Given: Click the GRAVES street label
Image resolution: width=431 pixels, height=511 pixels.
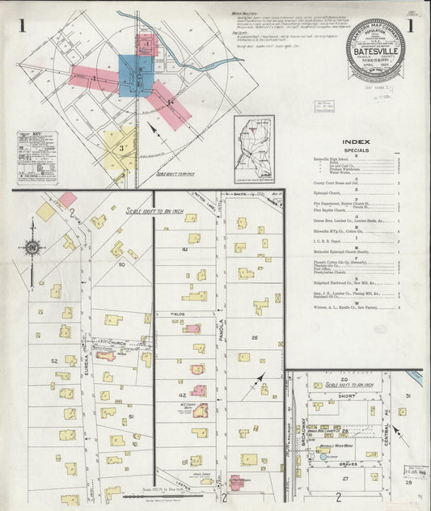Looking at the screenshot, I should coord(349,463).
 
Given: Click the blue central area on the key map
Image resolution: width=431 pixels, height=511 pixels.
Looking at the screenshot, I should coord(136,74).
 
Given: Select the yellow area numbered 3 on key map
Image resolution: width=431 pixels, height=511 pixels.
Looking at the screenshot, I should coord(120,147).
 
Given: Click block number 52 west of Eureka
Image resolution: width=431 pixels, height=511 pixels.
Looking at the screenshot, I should coord(54,361).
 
